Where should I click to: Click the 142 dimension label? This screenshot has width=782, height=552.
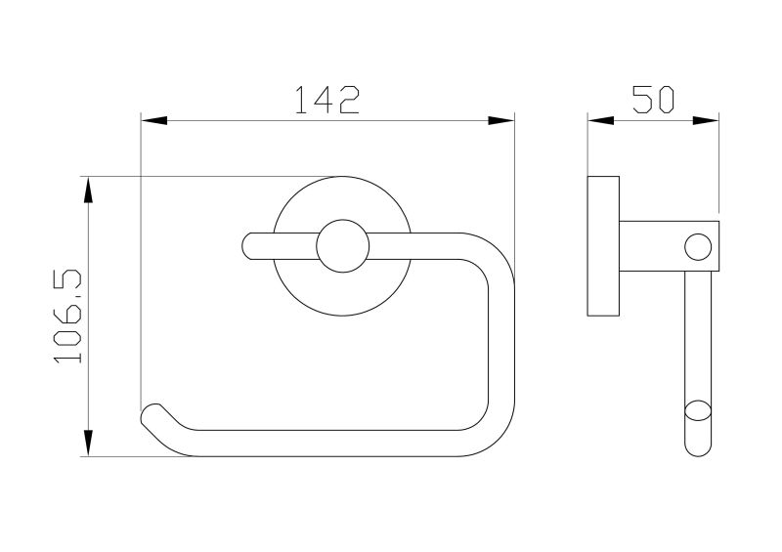point(327,100)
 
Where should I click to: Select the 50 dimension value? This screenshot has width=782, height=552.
point(653,100)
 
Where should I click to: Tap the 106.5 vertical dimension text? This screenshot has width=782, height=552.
point(67,317)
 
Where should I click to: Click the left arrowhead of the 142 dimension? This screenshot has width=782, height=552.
point(154,120)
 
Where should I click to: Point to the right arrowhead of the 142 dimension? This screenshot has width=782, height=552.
point(500,120)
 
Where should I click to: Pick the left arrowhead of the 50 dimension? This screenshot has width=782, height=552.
point(600,120)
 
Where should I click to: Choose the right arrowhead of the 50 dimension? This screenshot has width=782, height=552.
point(706,120)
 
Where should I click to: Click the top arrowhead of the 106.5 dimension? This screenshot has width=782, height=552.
point(88,190)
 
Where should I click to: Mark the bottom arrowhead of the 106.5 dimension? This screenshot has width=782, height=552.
point(88,443)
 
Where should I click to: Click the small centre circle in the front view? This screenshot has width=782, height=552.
point(343,246)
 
